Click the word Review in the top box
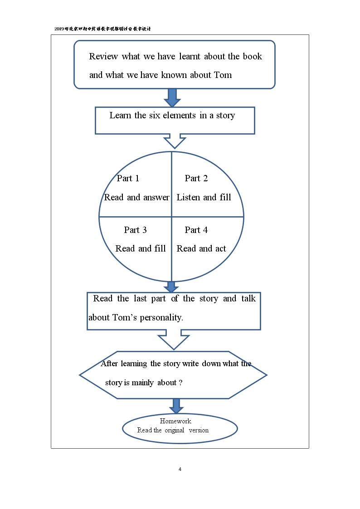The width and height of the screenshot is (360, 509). [x=103, y=57]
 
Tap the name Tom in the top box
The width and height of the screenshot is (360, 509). [x=223, y=75]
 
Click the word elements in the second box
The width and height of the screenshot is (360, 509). [x=179, y=115]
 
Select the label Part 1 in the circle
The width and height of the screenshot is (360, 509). [x=128, y=178]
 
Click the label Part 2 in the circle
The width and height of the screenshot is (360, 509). [x=196, y=178]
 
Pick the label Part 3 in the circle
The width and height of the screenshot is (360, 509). [x=136, y=230]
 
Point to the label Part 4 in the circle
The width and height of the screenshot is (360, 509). [x=196, y=230]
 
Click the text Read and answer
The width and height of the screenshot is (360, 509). [x=136, y=197]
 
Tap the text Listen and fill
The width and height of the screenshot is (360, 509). [x=204, y=197]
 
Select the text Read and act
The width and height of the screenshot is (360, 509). [x=201, y=249]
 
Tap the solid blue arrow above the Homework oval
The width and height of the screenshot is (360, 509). [x=176, y=406]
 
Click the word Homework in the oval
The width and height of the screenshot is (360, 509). [x=175, y=421]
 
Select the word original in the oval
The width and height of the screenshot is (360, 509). [x=174, y=431]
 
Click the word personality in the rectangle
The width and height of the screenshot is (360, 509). [x=161, y=317]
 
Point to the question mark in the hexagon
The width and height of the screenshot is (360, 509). [x=180, y=383]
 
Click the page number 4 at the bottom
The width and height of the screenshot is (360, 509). [x=180, y=469]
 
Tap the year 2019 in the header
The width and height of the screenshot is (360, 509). [x=59, y=29]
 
